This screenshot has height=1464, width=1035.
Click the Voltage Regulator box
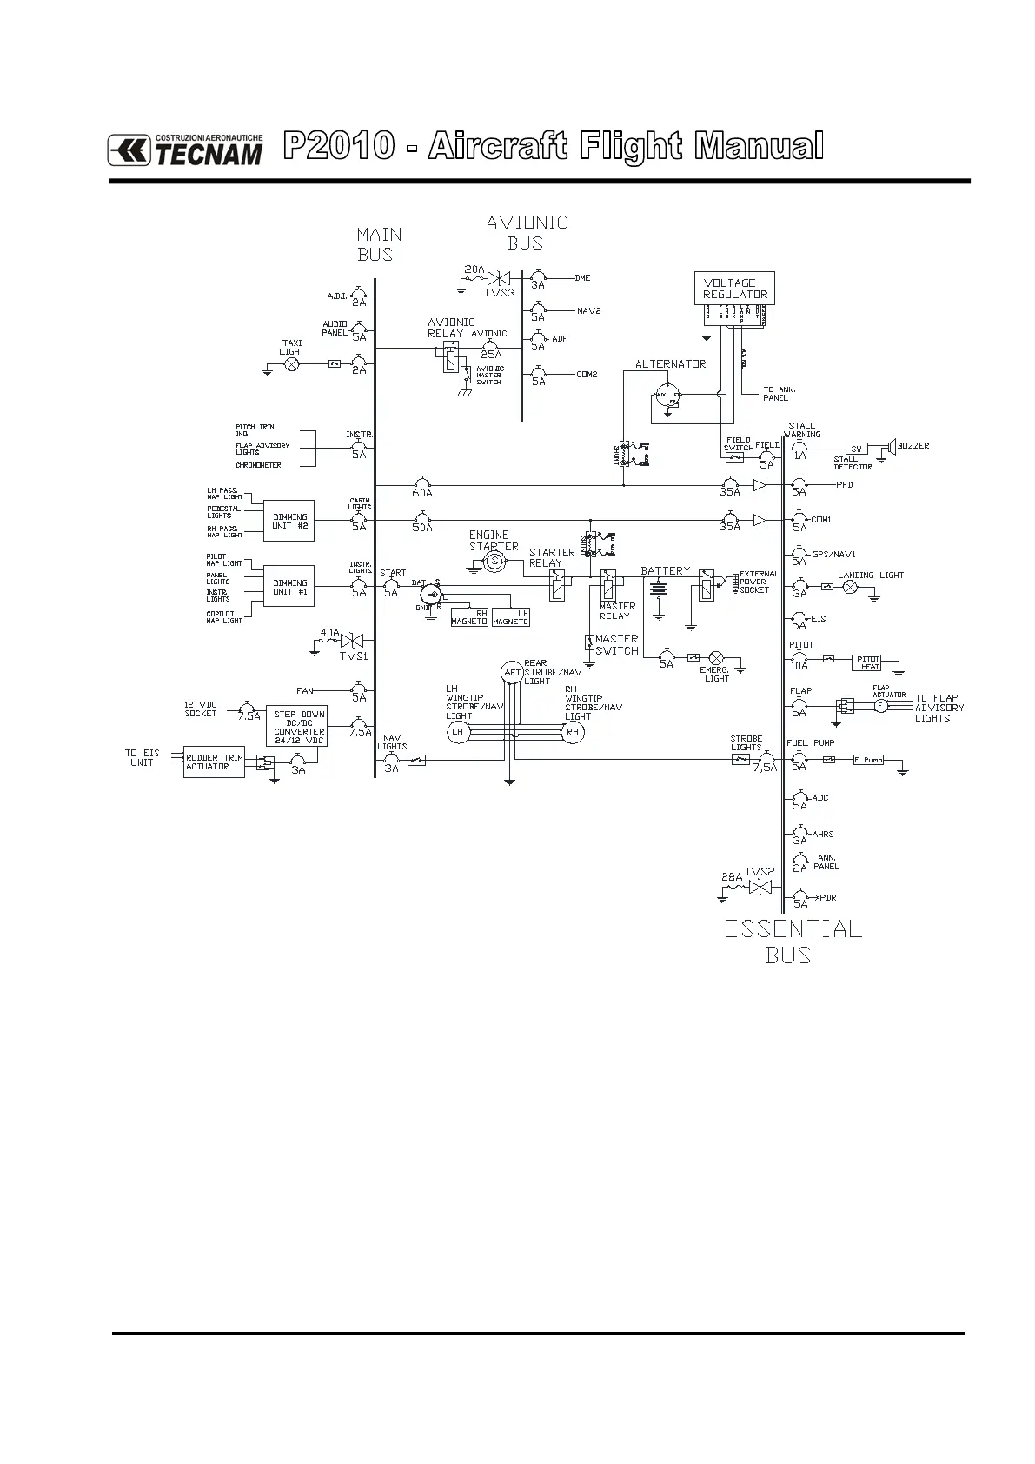click(735, 289)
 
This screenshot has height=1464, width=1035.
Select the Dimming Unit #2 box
click(290, 521)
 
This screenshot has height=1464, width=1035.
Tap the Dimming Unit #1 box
click(290, 587)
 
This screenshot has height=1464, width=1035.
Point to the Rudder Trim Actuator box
click(214, 762)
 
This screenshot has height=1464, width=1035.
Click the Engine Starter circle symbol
click(494, 562)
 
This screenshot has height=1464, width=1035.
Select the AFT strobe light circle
click(512, 672)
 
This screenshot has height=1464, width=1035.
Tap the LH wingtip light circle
click(458, 732)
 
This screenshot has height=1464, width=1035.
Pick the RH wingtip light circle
click(572, 732)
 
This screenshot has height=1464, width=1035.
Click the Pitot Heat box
click(869, 662)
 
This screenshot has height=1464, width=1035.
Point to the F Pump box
click(868, 760)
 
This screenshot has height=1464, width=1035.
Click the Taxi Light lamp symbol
click(293, 364)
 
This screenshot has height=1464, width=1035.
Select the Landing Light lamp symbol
click(852, 588)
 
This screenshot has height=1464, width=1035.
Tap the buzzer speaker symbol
click(891, 447)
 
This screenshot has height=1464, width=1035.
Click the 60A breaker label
click(422, 493)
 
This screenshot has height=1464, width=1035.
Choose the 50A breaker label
click(422, 528)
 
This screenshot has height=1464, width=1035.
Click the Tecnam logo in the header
click(185, 150)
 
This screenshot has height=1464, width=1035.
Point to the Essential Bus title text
click(793, 942)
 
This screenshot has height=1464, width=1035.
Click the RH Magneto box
click(469, 617)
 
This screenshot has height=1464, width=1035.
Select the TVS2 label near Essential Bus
click(759, 872)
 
